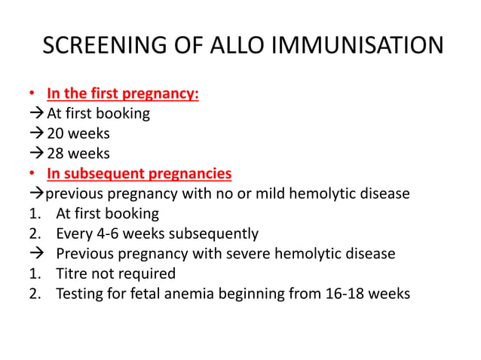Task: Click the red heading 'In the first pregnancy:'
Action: [123, 94]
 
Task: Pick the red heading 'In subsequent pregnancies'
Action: [139, 174]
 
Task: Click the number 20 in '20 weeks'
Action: [56, 134]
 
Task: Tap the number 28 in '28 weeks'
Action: [56, 154]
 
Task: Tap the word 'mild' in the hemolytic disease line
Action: [264, 194]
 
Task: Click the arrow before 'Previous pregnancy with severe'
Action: [35, 254]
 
